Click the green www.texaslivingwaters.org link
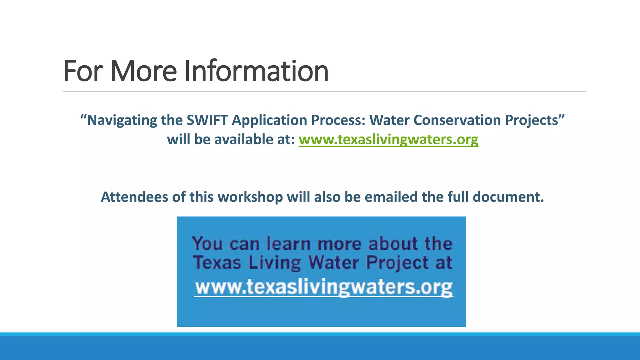(x=388, y=139)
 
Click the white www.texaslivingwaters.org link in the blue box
(x=323, y=287)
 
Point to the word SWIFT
(x=207, y=120)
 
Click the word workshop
(x=250, y=197)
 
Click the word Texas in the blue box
(x=217, y=262)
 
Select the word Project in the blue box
(x=397, y=262)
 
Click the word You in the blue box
(x=207, y=243)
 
